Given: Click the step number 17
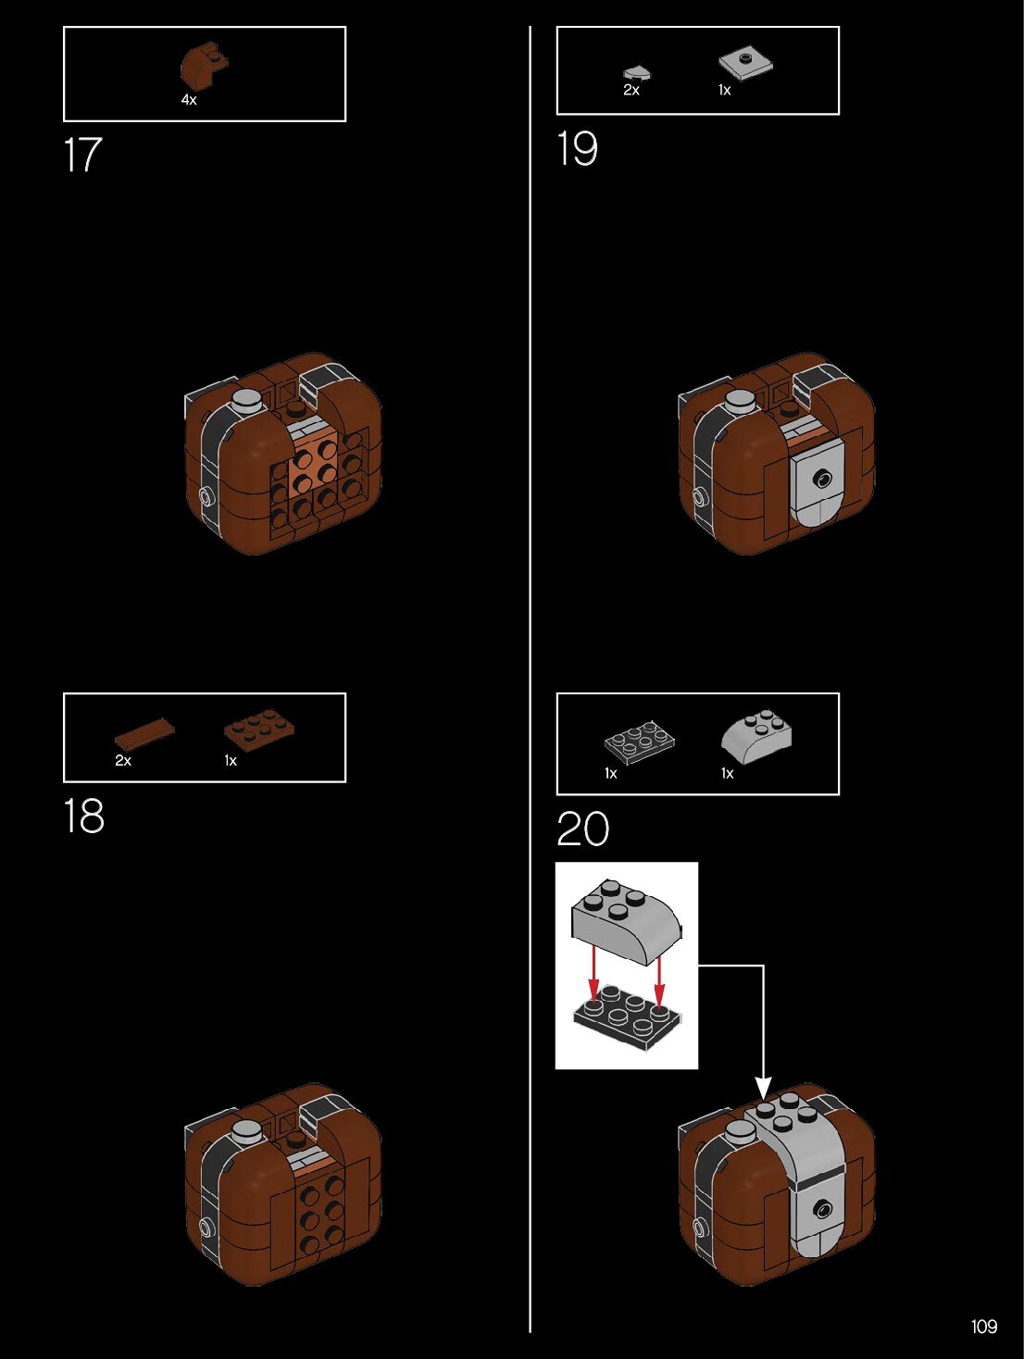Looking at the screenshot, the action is pos(81,156).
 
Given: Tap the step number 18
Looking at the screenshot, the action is pos(83,817).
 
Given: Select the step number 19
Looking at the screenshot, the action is pos(577,149).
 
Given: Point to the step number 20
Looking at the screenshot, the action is pos(582,829).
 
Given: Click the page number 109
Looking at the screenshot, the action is pos(983,1326).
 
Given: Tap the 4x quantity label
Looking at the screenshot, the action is pos(189,100).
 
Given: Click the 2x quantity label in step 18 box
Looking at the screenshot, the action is pos(123,761).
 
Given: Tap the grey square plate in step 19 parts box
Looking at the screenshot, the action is pos(745,62).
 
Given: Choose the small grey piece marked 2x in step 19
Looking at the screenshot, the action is pos(636,71).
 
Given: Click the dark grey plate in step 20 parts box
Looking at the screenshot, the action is pos(639,742).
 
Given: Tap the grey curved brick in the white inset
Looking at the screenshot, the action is pos(625,922).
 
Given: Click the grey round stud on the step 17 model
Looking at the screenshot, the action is pos(247,401).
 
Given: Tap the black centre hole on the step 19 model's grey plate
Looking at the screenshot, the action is pos(821,479).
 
